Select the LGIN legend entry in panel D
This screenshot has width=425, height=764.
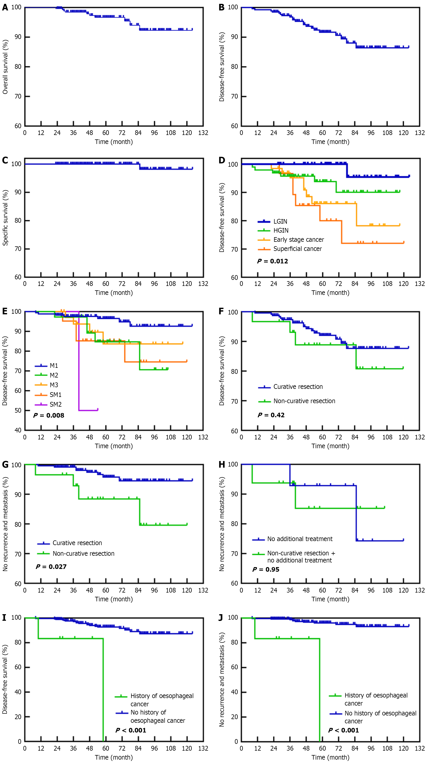pos(280,221)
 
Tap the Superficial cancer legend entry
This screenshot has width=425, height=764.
pos(297,249)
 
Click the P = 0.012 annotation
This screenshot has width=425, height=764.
pos(273,261)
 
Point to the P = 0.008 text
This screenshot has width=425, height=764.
pos(49,415)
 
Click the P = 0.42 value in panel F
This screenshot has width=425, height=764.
pos(271,415)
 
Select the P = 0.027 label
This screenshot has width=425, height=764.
pos(51,567)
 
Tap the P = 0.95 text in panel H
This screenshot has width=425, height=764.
pos(266,569)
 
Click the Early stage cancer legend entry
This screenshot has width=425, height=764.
pos(298,239)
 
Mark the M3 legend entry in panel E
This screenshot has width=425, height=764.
pos(54,385)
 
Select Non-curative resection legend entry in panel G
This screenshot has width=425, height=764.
pos(83,553)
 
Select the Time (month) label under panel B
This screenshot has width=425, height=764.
pos(330,142)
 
